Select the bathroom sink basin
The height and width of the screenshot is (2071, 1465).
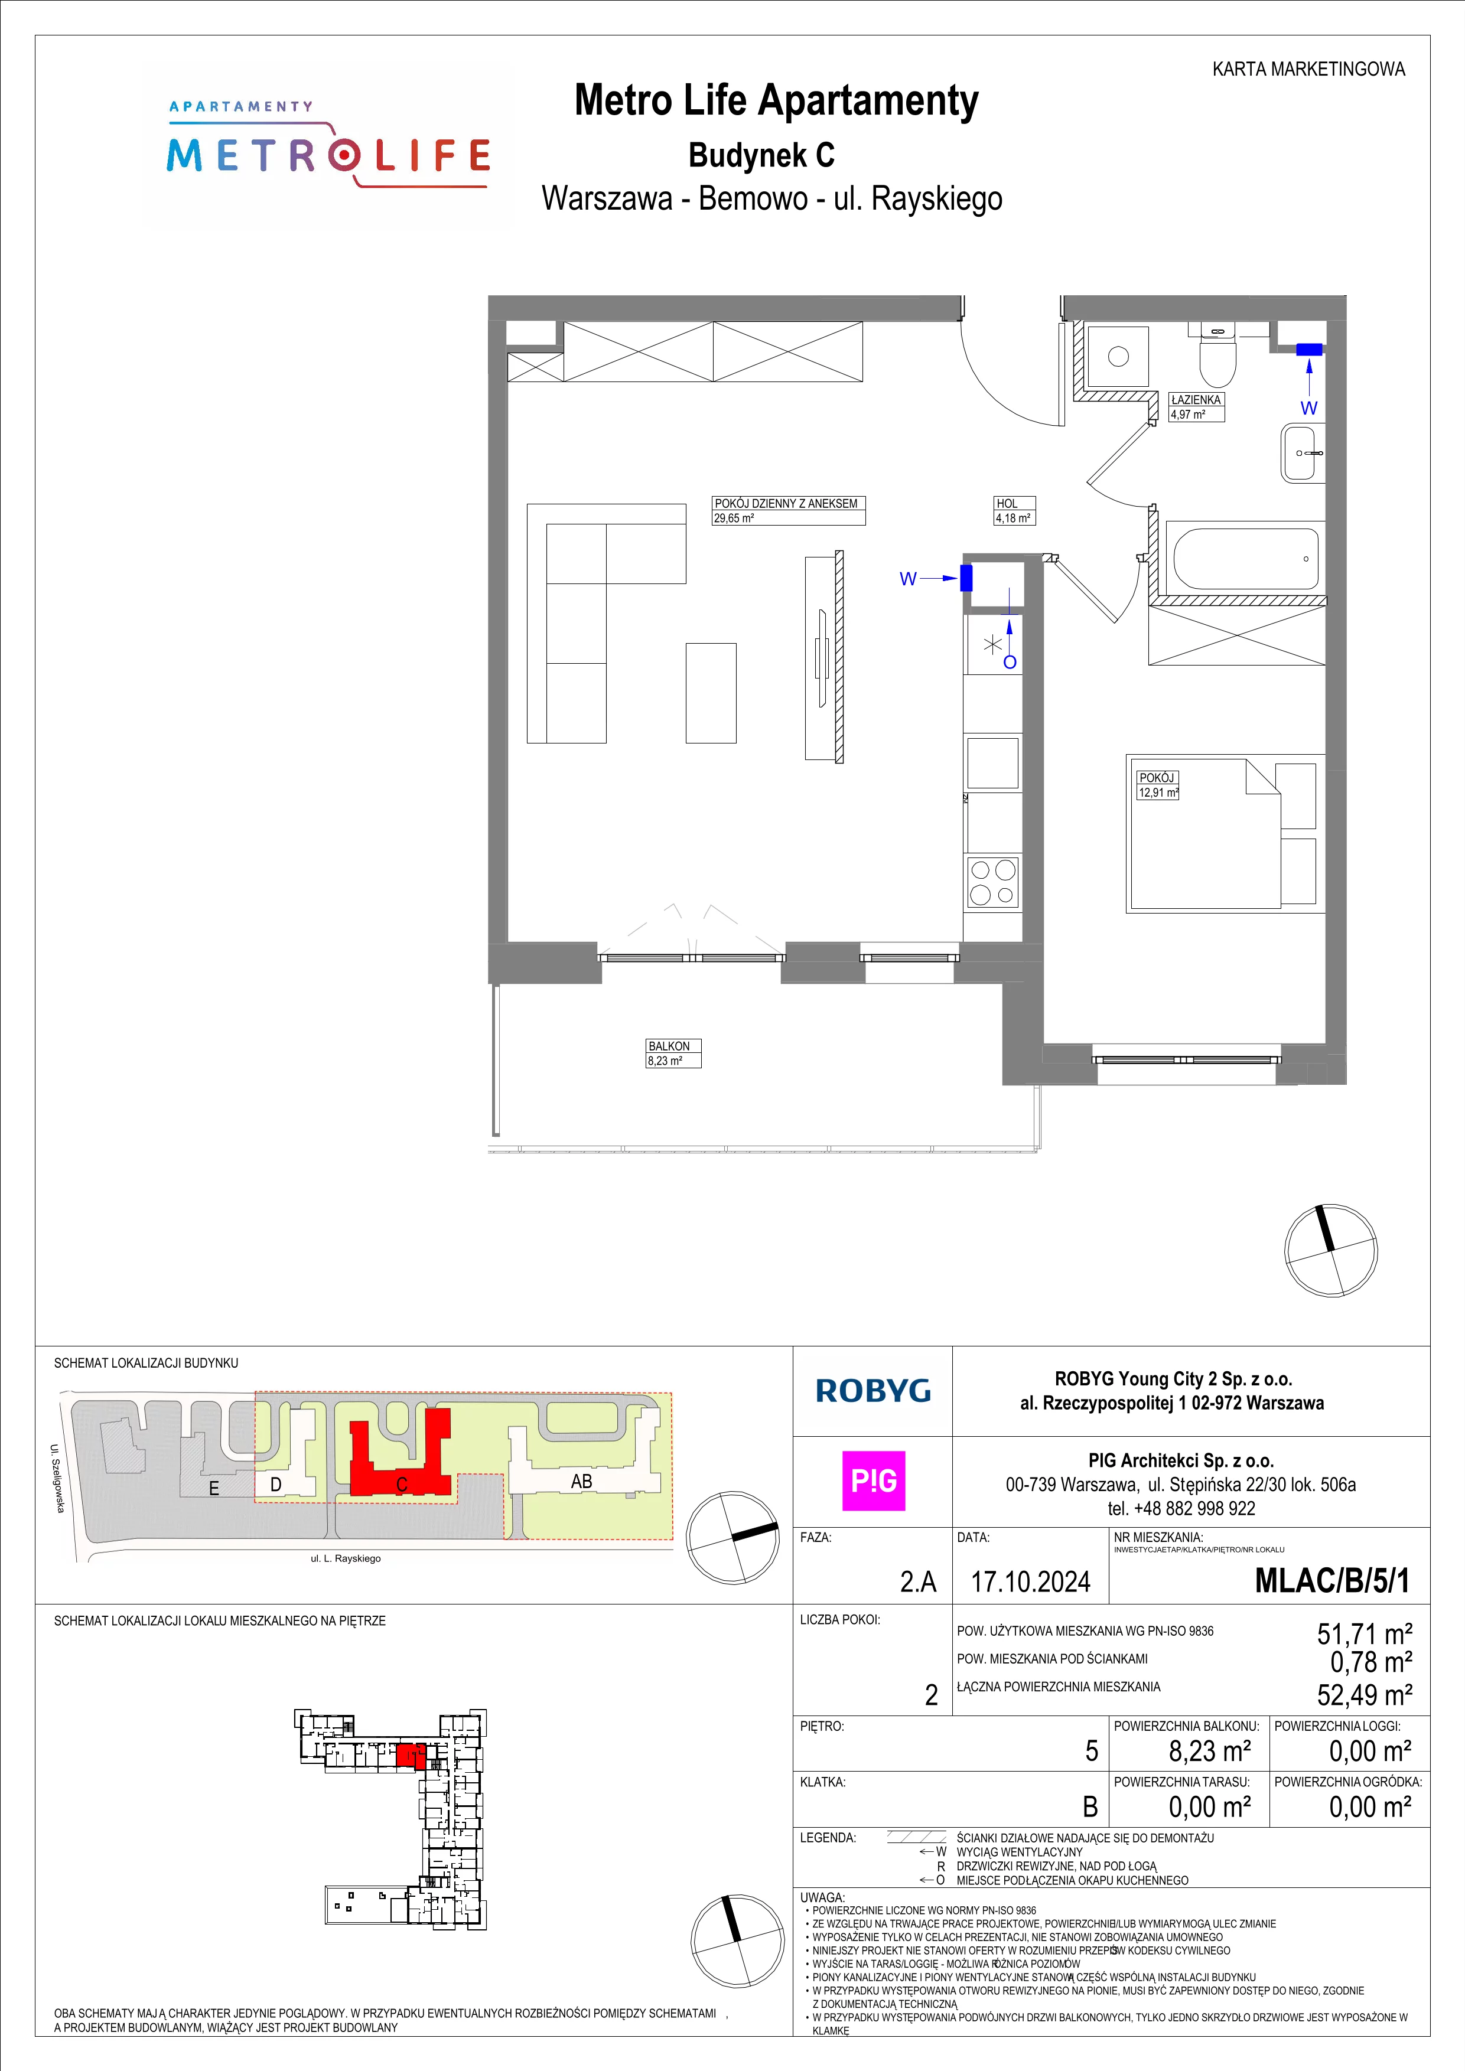point(1302,454)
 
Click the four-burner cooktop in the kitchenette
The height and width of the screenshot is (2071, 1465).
point(993,882)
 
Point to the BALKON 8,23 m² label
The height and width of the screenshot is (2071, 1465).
point(673,1054)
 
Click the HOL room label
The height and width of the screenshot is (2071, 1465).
point(1013,511)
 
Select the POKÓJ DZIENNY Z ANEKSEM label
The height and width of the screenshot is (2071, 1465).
point(787,511)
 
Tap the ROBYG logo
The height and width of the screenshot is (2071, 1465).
point(873,1392)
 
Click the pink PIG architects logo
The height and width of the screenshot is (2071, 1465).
point(873,1481)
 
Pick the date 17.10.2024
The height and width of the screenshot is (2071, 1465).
point(1030,1581)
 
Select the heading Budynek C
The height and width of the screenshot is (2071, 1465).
point(761,155)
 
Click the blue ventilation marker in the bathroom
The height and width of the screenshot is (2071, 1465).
point(1309,349)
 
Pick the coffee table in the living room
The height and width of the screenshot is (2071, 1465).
point(711,693)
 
